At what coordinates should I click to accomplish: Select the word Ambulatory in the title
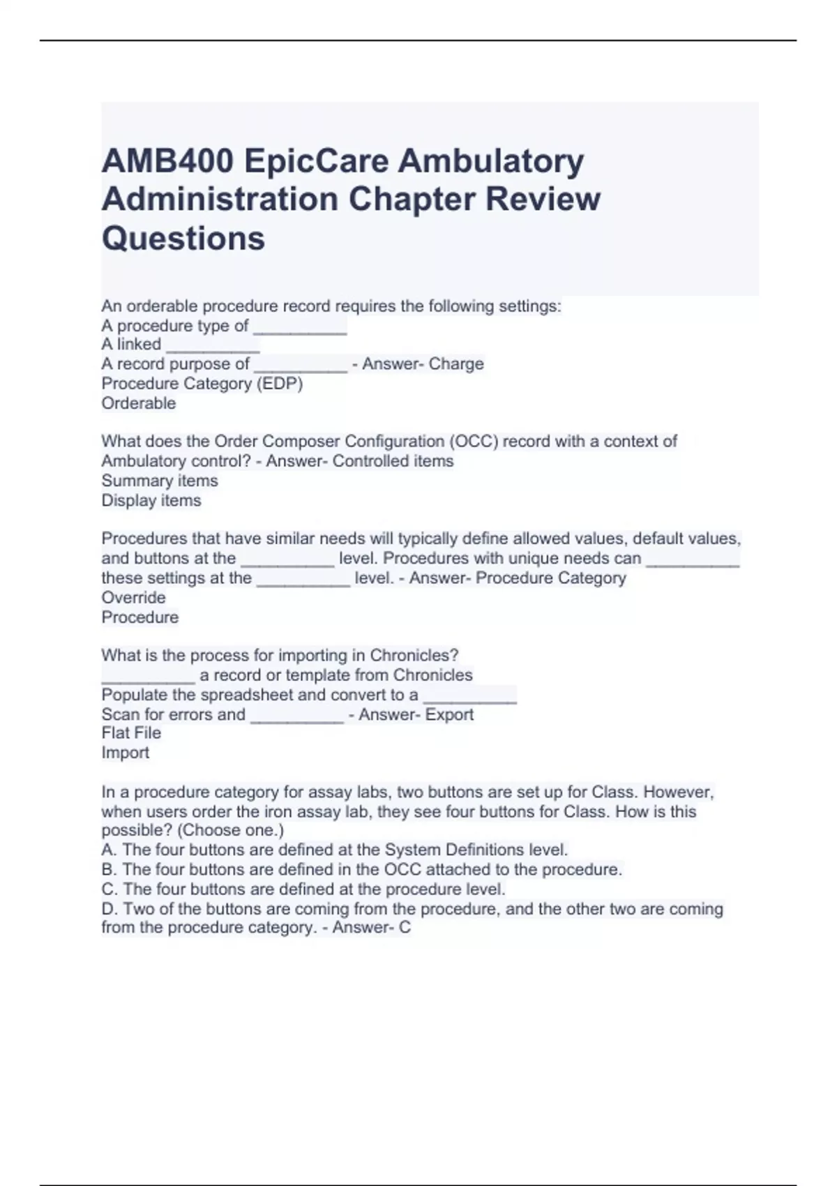pos(491,162)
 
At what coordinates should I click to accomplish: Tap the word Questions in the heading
pos(183,238)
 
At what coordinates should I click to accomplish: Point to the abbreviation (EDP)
pos(280,384)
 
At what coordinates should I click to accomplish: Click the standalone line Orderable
pos(138,403)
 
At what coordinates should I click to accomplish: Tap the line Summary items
pos(159,481)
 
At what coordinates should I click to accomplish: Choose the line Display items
pos(151,500)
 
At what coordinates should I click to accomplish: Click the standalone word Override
pos(133,598)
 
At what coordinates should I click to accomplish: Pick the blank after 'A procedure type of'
pos(300,328)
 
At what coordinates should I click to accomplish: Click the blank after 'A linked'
pos(213,346)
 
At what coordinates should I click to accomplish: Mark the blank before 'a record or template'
pos(148,677)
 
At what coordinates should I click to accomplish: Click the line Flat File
pos(131,733)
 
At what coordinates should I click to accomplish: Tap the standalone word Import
pos(125,753)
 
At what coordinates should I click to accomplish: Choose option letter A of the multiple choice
pos(108,850)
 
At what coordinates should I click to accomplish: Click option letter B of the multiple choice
pos(108,870)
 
